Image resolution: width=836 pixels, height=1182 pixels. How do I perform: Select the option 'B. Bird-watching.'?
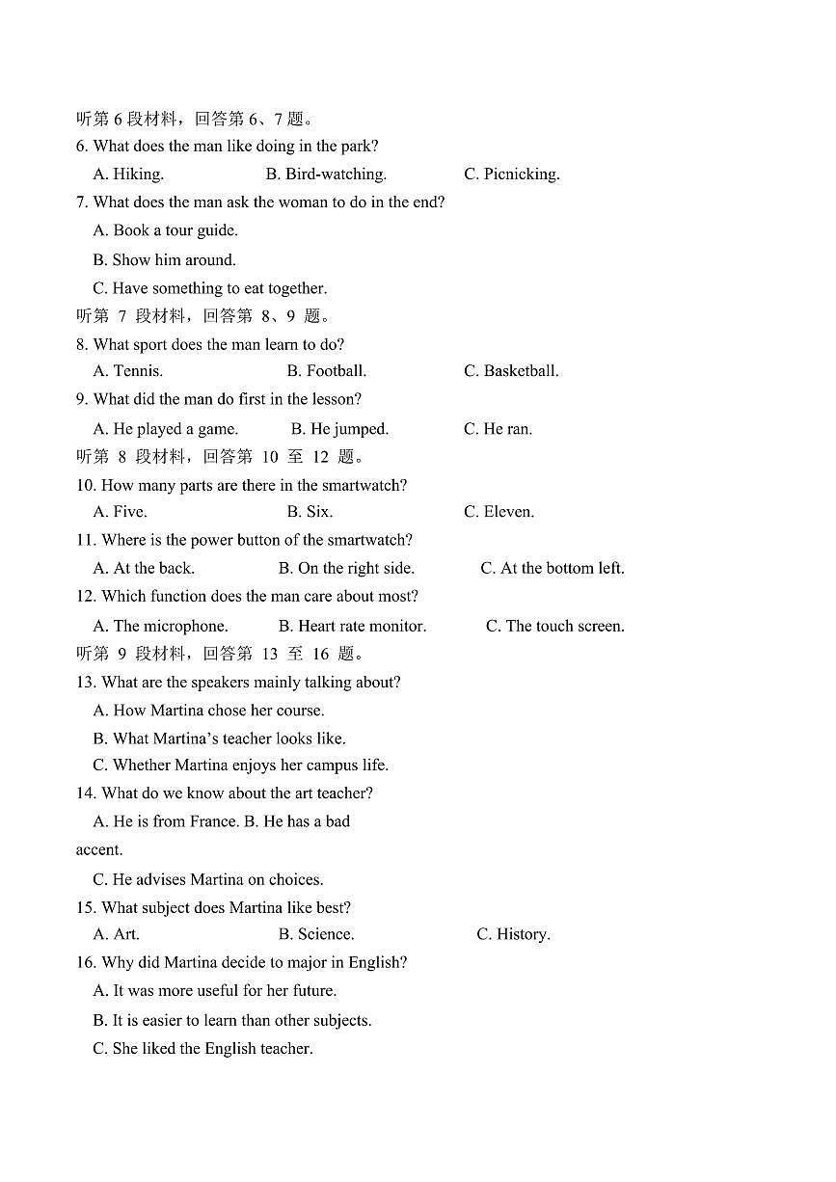(326, 175)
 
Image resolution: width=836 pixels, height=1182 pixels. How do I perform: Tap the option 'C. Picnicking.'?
(511, 175)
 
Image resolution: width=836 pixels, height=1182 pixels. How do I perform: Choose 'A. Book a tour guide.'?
(165, 230)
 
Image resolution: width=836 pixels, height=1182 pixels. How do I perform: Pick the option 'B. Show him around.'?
(164, 259)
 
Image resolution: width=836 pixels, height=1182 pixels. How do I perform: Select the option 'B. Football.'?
(326, 371)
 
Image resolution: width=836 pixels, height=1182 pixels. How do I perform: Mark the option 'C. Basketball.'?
(511, 371)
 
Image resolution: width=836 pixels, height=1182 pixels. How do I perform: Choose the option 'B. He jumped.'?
(339, 429)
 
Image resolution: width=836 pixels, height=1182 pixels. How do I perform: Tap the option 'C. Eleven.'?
(499, 512)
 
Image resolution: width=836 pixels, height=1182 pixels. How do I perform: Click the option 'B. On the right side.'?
(346, 569)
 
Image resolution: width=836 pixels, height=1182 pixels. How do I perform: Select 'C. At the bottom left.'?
(553, 569)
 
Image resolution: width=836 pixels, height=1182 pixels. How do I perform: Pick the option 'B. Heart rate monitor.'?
(352, 627)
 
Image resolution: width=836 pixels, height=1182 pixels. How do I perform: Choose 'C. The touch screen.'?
(554, 627)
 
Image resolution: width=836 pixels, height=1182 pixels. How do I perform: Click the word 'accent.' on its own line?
(99, 850)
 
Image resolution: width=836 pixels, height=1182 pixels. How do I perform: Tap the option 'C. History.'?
(513, 934)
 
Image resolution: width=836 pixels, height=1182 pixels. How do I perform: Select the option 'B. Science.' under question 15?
(316, 934)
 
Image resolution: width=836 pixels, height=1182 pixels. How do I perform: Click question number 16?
(85, 962)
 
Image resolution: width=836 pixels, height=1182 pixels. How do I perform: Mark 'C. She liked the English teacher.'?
(202, 1049)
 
